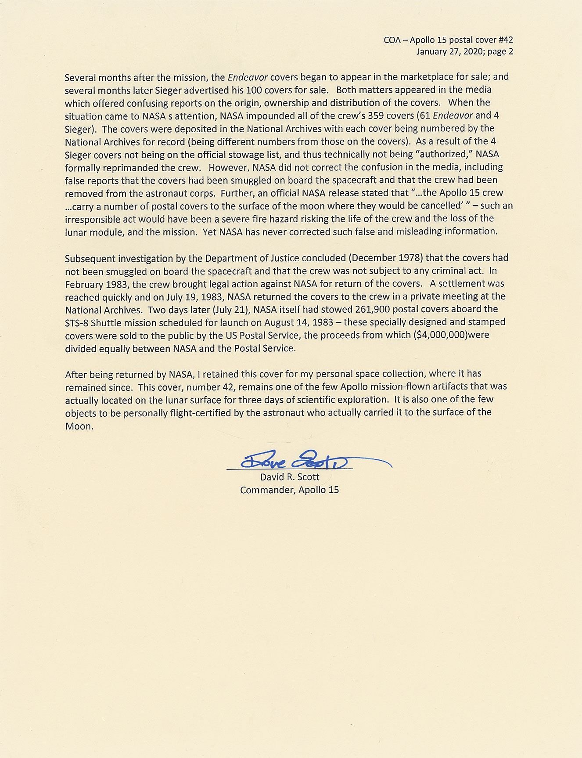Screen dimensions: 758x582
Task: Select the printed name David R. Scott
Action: click(290, 477)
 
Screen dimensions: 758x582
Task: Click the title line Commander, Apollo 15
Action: click(289, 490)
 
